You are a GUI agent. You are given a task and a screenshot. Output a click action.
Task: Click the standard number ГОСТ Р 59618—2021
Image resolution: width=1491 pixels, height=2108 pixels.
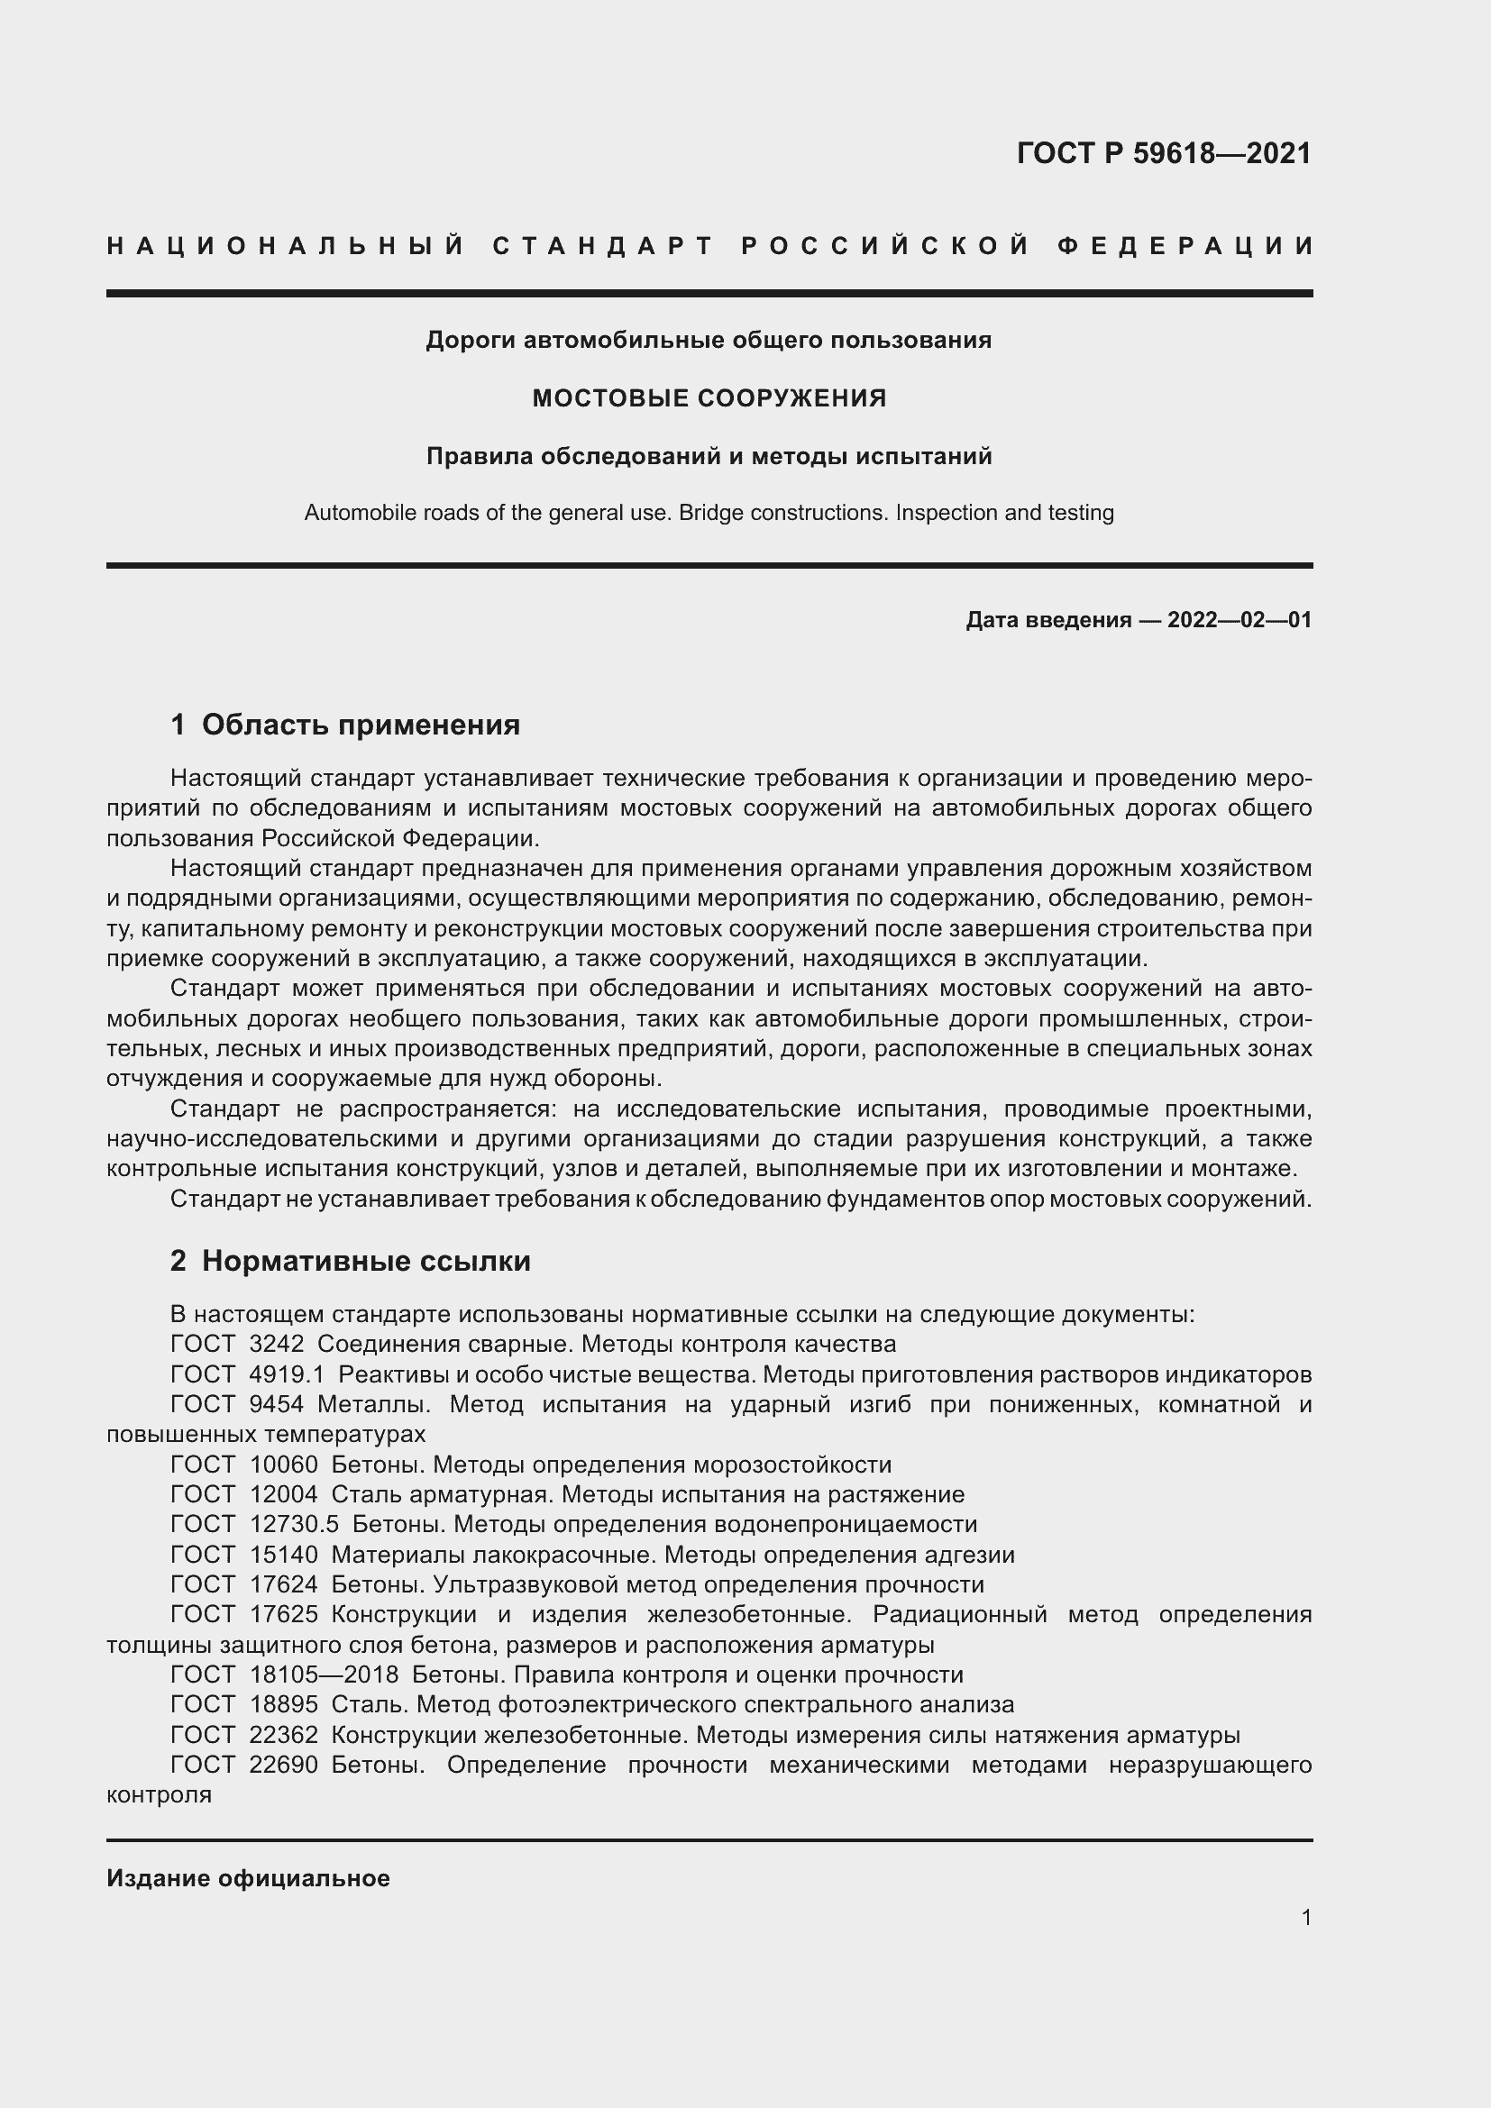(1163, 153)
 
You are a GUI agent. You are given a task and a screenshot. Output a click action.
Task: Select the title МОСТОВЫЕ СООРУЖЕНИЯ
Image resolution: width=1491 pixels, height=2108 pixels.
(709, 398)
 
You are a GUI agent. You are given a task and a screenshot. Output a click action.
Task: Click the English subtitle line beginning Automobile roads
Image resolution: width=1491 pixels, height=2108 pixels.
(709, 512)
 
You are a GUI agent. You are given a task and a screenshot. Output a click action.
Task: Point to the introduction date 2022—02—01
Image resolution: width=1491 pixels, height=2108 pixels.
(1239, 620)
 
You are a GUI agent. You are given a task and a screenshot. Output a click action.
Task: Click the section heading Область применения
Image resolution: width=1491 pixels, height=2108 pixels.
(360, 725)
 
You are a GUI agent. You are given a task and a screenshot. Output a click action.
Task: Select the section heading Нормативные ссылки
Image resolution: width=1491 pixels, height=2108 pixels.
(365, 1261)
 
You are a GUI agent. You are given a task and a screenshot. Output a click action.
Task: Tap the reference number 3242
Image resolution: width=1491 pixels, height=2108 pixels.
(277, 1344)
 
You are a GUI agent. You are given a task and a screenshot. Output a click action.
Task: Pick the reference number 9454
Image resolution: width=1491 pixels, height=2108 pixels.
(277, 1404)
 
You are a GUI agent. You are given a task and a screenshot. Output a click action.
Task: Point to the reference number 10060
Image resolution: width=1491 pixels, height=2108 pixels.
(283, 1465)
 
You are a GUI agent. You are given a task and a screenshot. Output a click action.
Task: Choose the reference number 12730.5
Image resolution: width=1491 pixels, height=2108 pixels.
(294, 1524)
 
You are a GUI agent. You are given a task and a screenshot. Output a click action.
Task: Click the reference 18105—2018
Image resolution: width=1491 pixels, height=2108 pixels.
(324, 1675)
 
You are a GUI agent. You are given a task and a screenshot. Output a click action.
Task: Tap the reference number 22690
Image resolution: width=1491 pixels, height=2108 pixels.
(283, 1765)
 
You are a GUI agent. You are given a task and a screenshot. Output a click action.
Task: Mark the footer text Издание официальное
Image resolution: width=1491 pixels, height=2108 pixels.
(248, 1878)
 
